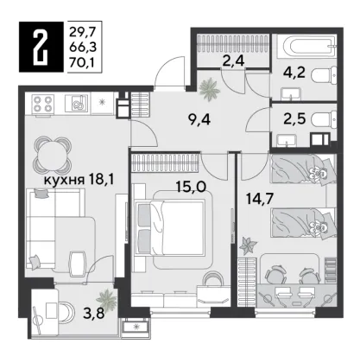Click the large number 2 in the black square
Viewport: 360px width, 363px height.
(x=41, y=47)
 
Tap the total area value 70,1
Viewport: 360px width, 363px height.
(x=82, y=61)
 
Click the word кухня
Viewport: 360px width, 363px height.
(x=64, y=181)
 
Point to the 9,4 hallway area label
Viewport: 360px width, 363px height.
(x=199, y=120)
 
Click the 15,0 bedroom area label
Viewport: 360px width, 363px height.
(x=191, y=188)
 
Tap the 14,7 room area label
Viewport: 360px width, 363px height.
(x=260, y=199)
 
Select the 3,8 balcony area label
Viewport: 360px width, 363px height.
(x=93, y=312)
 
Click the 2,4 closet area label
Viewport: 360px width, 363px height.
(x=234, y=60)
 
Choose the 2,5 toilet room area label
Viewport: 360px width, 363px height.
(x=294, y=119)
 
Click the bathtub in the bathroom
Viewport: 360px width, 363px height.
(x=309, y=46)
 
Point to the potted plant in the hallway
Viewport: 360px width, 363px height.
(x=210, y=87)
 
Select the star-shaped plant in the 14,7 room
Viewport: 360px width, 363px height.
(x=249, y=245)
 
